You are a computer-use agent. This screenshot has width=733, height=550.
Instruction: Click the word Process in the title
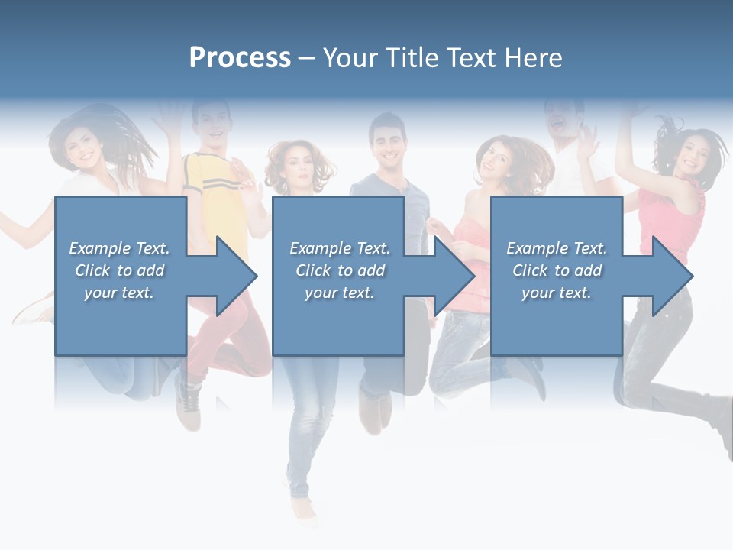click(x=240, y=58)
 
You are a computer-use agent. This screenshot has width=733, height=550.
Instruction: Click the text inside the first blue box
click(x=119, y=270)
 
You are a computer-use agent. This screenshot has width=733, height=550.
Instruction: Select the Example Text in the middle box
click(x=340, y=248)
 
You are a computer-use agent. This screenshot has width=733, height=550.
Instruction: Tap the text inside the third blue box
click(x=557, y=270)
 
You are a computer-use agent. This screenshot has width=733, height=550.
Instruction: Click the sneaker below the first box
click(x=188, y=405)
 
